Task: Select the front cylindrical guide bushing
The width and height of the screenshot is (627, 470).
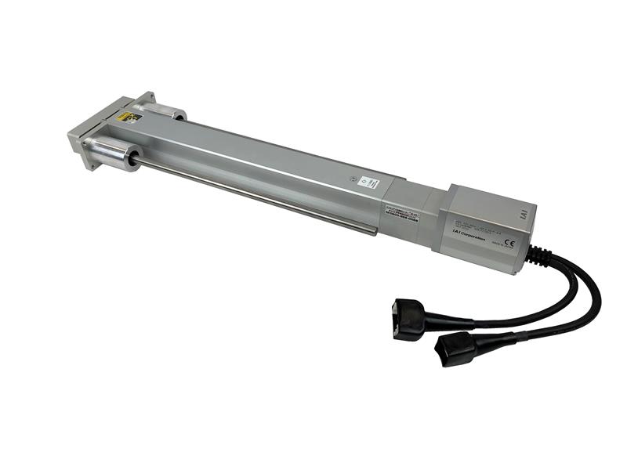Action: (112, 150)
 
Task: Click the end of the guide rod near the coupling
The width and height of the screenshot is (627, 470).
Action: (373, 230)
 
